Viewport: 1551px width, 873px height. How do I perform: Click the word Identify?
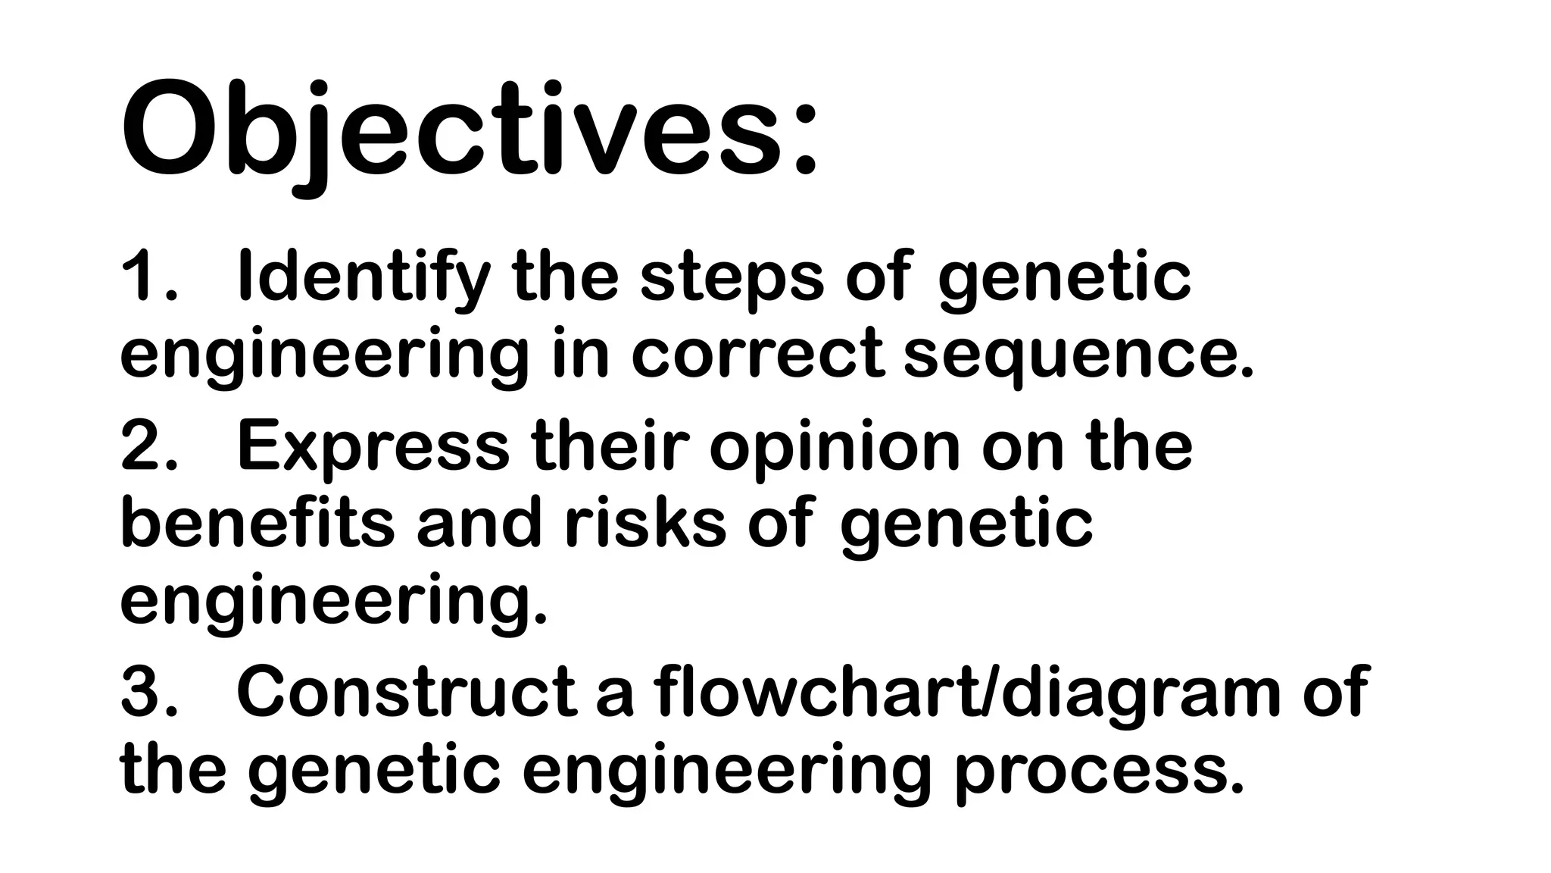click(364, 278)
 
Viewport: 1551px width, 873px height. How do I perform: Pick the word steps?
click(732, 278)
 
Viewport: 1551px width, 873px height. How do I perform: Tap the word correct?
click(758, 354)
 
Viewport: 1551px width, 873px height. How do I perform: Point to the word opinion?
click(834, 446)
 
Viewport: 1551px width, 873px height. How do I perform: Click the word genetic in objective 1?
click(1064, 278)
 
